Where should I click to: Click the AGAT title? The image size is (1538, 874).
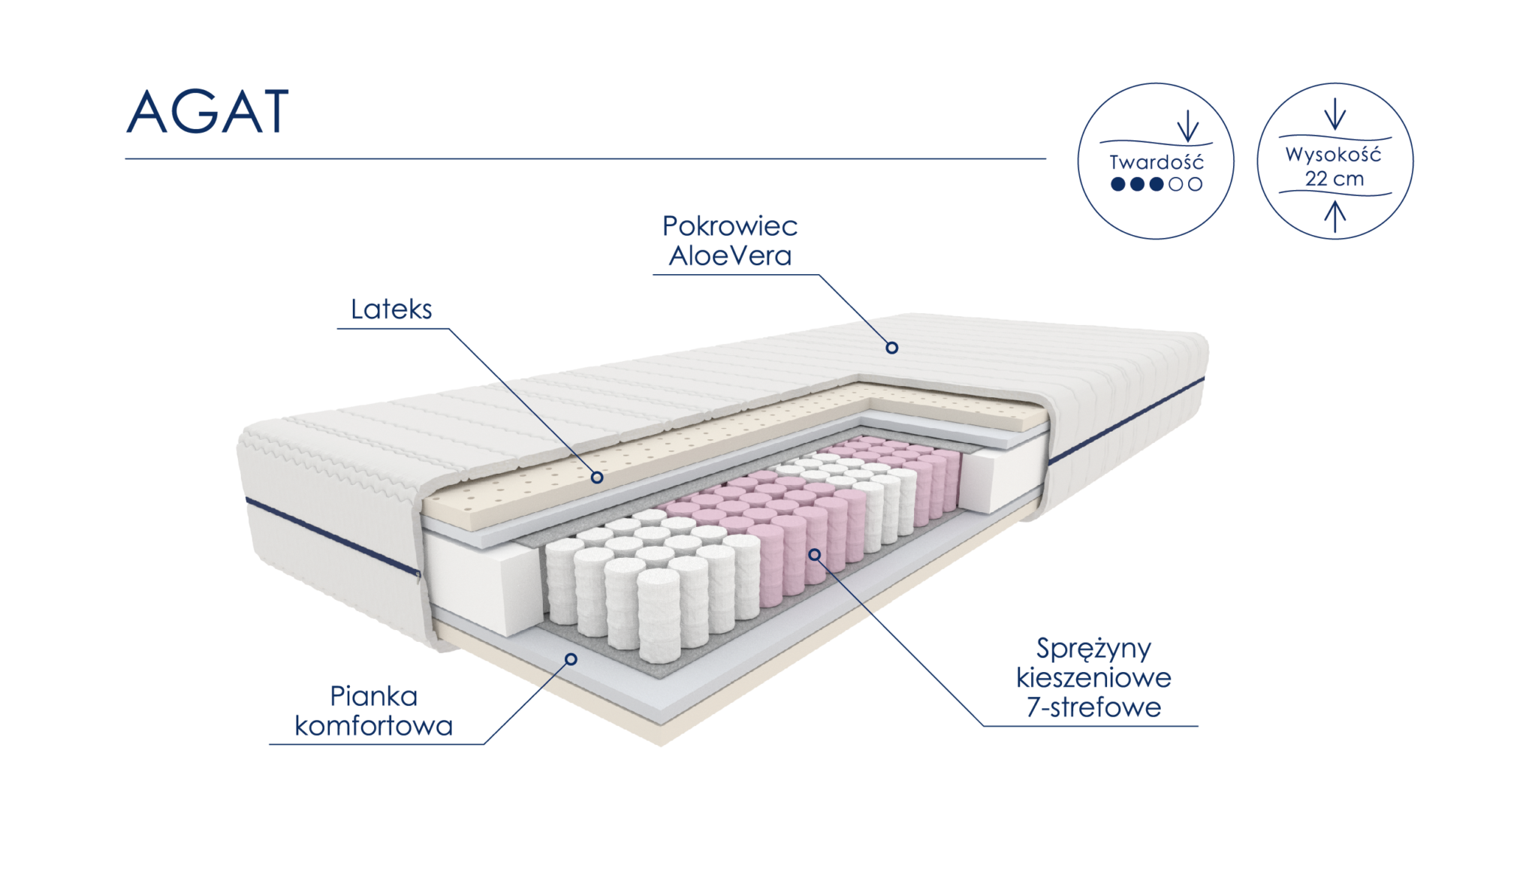207,113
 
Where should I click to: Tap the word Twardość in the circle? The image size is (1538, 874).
1156,162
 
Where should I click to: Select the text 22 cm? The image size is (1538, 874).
1334,179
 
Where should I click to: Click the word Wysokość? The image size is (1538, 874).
1333,155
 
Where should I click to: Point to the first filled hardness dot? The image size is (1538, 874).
1118,183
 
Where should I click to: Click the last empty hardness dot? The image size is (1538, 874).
1196,183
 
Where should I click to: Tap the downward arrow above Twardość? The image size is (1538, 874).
1187,126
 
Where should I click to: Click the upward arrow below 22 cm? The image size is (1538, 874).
1334,216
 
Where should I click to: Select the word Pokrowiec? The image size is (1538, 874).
730,226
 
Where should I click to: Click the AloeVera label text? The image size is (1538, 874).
730,256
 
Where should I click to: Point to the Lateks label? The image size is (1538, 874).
391,309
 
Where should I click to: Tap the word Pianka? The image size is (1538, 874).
374,697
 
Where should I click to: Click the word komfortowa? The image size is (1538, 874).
374,726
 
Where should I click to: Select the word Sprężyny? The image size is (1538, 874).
1093,649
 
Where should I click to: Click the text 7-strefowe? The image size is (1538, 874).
1093,707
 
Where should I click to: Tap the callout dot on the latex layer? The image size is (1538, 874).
598,477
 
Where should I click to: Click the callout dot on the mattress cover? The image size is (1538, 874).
891,348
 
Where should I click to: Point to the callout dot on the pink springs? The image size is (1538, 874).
814,554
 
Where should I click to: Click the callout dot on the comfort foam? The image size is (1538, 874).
571,659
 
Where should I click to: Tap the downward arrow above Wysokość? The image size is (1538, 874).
1334,117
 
